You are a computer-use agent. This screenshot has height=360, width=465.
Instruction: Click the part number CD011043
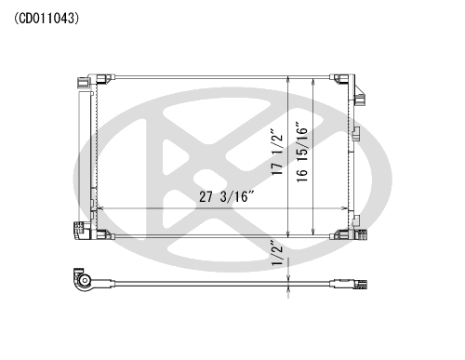pos(46,19)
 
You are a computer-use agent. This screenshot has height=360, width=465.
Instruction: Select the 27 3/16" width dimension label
pos(227,196)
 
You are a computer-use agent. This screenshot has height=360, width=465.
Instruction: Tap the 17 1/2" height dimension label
pos(277,152)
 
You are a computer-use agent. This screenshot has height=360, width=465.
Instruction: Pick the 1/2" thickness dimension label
pos(277,253)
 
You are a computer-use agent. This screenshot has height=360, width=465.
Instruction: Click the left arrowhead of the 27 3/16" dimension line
pos(100,208)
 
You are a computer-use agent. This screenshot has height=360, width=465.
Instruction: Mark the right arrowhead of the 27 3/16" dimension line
pos(344,208)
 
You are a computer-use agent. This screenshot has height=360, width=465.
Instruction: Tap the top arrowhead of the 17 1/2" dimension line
pos(288,79)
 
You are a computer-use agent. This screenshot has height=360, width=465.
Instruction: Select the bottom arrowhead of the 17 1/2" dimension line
pos(288,234)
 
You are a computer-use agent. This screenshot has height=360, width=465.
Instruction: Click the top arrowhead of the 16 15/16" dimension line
pos(313,82)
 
